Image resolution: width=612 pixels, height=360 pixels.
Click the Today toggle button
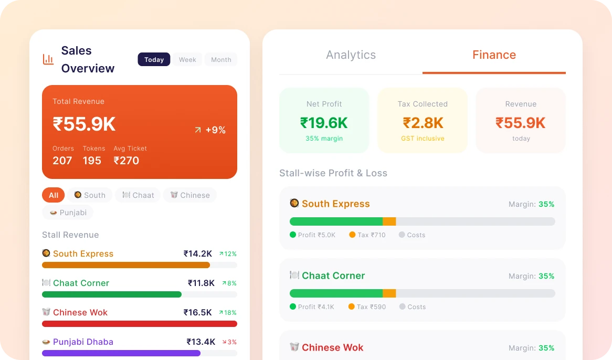(154, 60)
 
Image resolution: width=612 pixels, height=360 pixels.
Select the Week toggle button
(187, 60)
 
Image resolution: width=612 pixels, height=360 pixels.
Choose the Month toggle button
(221, 60)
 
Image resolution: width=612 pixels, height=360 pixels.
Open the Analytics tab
(351, 55)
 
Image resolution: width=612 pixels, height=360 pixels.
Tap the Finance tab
(494, 55)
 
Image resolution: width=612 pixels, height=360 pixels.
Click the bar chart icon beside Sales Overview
(48, 59)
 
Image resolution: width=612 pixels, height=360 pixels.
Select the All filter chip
(54, 195)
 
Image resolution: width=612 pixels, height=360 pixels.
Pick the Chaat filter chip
(138, 195)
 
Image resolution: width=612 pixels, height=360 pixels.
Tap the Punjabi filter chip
(68, 213)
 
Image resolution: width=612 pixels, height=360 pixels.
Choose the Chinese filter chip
(190, 195)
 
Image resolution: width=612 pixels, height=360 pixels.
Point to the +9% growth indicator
(210, 130)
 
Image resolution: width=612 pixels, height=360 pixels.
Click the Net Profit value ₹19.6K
(324, 123)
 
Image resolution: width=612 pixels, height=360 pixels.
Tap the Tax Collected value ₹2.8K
(423, 123)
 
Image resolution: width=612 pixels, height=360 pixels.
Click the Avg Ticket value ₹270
(126, 161)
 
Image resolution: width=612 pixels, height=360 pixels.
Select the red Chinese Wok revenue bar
(140, 324)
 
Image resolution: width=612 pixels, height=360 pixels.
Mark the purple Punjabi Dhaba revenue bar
(121, 353)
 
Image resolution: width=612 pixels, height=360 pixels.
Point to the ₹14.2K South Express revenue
(197, 253)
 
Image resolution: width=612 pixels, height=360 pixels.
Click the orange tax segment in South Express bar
(389, 221)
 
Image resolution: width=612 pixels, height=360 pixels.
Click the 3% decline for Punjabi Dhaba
(229, 342)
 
